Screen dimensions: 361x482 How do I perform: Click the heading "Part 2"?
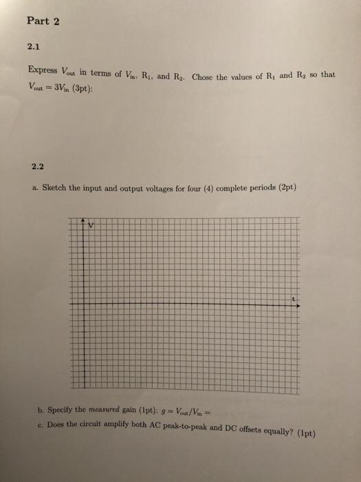click(x=43, y=21)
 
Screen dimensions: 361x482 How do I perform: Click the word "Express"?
click(x=43, y=70)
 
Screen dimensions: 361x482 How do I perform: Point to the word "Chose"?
click(x=205, y=75)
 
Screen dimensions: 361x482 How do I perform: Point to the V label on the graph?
click(x=90, y=225)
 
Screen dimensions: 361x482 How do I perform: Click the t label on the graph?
click(x=293, y=299)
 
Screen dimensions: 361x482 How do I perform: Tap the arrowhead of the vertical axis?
click(x=83, y=222)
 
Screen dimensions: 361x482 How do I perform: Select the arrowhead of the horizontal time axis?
click(x=298, y=306)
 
